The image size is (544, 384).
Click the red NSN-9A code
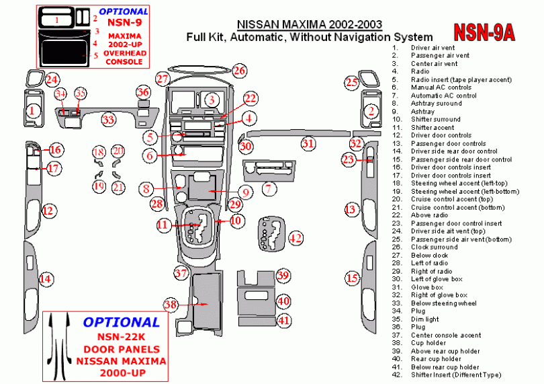pyautogui.click(x=484, y=32)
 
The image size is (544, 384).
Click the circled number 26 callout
pyautogui.click(x=239, y=71)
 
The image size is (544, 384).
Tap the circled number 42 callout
pyautogui.click(x=296, y=238)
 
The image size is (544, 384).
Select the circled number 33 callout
pyautogui.click(x=108, y=120)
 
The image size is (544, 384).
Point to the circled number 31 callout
pyautogui.click(x=308, y=143)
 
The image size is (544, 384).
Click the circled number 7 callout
pyautogui.click(x=269, y=189)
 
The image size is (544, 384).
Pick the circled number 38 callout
pyautogui.click(x=171, y=305)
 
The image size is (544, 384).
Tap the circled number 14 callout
pyautogui.click(x=46, y=278)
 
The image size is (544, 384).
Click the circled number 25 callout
pyautogui.click(x=351, y=83)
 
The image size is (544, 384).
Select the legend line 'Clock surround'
pyautogui.click(x=434, y=247)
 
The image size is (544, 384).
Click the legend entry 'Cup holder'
pyautogui.click(x=428, y=343)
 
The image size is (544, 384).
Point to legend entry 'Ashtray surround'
pyautogui.click(x=436, y=103)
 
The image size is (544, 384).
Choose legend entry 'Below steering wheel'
pyautogui.click(x=444, y=303)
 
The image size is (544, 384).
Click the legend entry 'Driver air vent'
pyautogui.click(x=433, y=48)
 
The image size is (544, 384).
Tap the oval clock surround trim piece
pyautogui.click(x=199, y=69)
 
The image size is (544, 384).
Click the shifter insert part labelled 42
pyautogui.click(x=273, y=233)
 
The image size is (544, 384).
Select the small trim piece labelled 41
pyautogui.click(x=257, y=321)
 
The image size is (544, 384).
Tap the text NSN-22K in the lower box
pyautogui.click(x=121, y=337)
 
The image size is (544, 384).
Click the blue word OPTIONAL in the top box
pyautogui.click(x=124, y=11)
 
